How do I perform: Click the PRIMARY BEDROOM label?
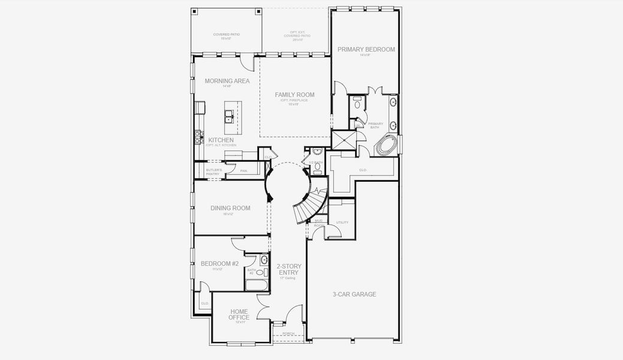point(366,49)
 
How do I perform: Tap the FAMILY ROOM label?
point(294,95)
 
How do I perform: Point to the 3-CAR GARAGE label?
point(354,294)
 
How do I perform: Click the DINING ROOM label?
point(230,208)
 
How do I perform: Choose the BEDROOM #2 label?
point(219,263)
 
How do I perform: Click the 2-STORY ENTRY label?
point(288,269)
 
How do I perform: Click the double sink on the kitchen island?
point(229,115)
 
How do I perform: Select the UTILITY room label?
point(342,222)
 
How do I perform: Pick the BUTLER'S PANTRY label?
point(213,172)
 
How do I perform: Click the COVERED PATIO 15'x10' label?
point(226,36)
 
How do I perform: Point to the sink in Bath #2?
point(263,260)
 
